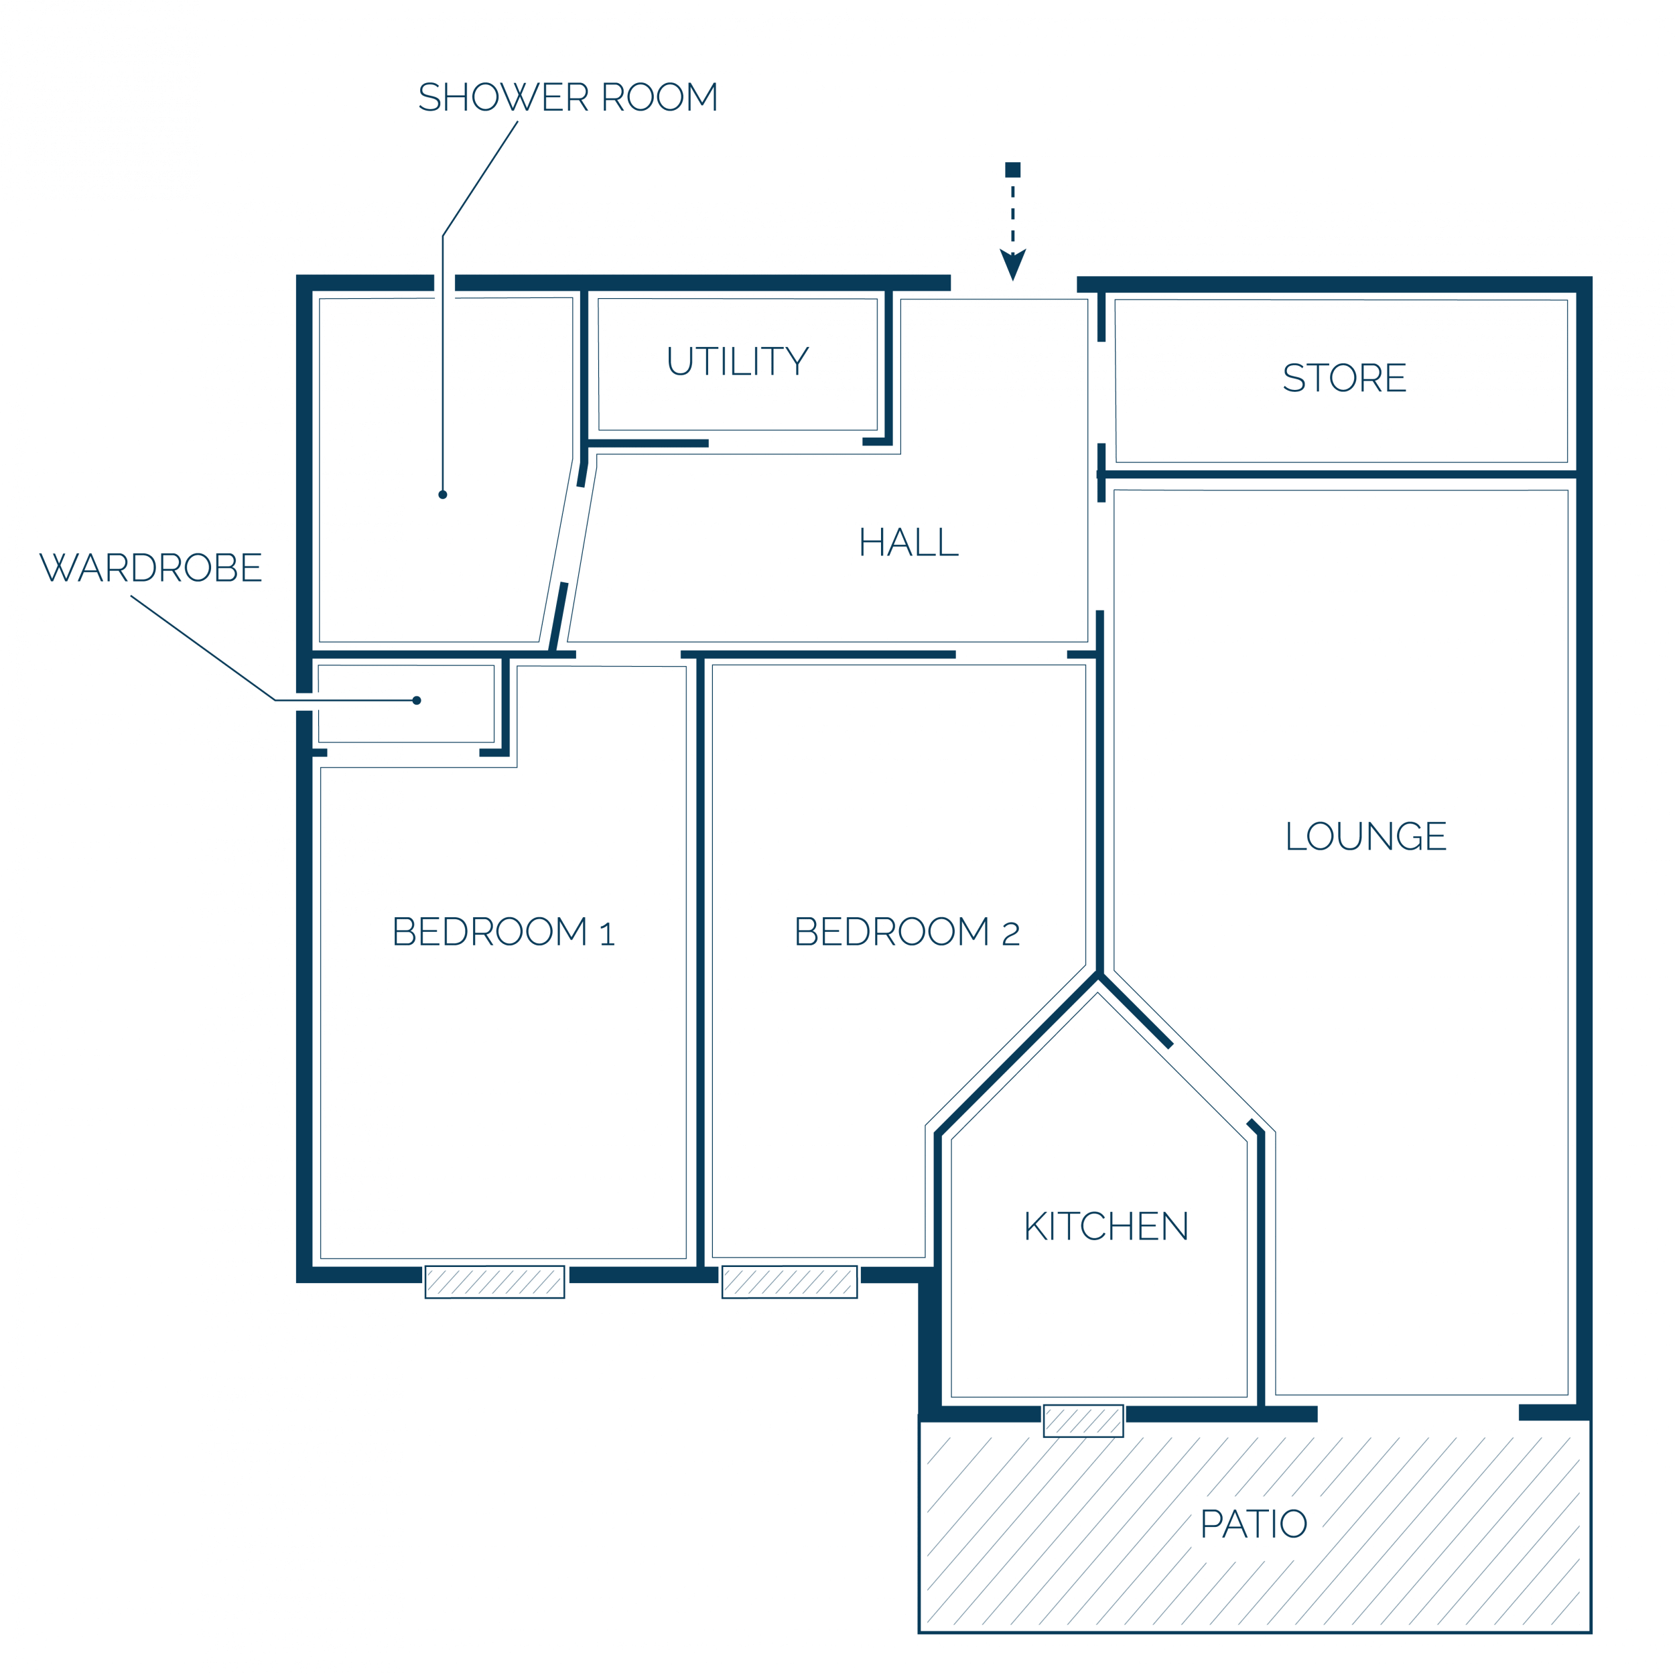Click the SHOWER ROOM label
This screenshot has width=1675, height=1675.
[568, 97]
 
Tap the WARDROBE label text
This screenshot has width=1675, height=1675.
[151, 568]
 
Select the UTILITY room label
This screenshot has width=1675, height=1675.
[738, 360]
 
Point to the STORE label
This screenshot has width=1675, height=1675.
[1345, 378]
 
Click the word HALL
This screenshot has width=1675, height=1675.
[909, 543]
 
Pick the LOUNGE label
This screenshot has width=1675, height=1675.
[1366, 835]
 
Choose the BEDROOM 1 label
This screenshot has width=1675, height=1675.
[504, 931]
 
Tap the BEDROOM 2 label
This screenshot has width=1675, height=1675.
[907, 931]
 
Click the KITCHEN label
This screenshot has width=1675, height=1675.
[1106, 1226]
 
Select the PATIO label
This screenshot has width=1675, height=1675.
[1254, 1524]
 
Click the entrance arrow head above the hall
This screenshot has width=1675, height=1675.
[1012, 265]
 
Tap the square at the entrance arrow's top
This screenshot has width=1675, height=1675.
[1012, 170]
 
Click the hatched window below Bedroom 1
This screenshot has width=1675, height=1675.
[495, 1282]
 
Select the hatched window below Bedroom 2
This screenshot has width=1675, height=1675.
[790, 1282]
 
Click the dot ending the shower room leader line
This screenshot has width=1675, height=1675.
[443, 495]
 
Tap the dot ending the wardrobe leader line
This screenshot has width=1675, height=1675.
[417, 701]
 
